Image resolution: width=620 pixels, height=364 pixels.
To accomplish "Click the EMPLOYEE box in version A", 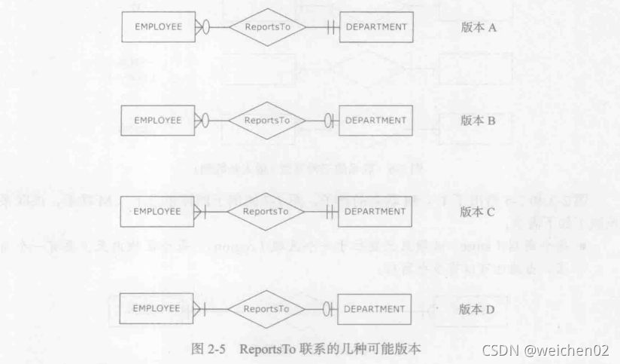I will click(x=159, y=26).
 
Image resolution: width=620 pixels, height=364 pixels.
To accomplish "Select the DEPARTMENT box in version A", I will click(x=375, y=26).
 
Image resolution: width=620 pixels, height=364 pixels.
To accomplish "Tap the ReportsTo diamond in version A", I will click(x=267, y=26).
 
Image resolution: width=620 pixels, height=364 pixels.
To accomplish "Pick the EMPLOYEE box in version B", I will click(x=159, y=120).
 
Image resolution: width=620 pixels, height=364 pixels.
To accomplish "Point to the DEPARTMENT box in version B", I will click(x=375, y=120).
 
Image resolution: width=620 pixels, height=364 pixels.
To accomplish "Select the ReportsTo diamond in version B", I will click(x=267, y=120).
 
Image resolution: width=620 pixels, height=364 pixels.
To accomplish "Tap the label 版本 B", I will click(x=478, y=120).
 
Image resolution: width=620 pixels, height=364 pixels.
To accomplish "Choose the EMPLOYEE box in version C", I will click(x=159, y=211).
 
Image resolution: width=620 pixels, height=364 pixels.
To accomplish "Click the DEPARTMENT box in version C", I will click(x=375, y=211).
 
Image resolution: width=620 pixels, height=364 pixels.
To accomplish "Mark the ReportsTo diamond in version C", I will click(x=267, y=211).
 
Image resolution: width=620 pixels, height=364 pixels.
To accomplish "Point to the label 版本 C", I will click(x=478, y=212).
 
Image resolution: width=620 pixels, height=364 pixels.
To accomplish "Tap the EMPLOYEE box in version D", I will click(x=159, y=308).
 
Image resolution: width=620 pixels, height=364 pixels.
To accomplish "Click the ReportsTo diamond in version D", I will click(x=267, y=308).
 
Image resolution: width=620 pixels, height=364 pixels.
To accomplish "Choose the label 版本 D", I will click(x=478, y=308).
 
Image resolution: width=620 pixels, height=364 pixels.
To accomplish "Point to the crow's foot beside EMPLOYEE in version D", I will click(x=200, y=308).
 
